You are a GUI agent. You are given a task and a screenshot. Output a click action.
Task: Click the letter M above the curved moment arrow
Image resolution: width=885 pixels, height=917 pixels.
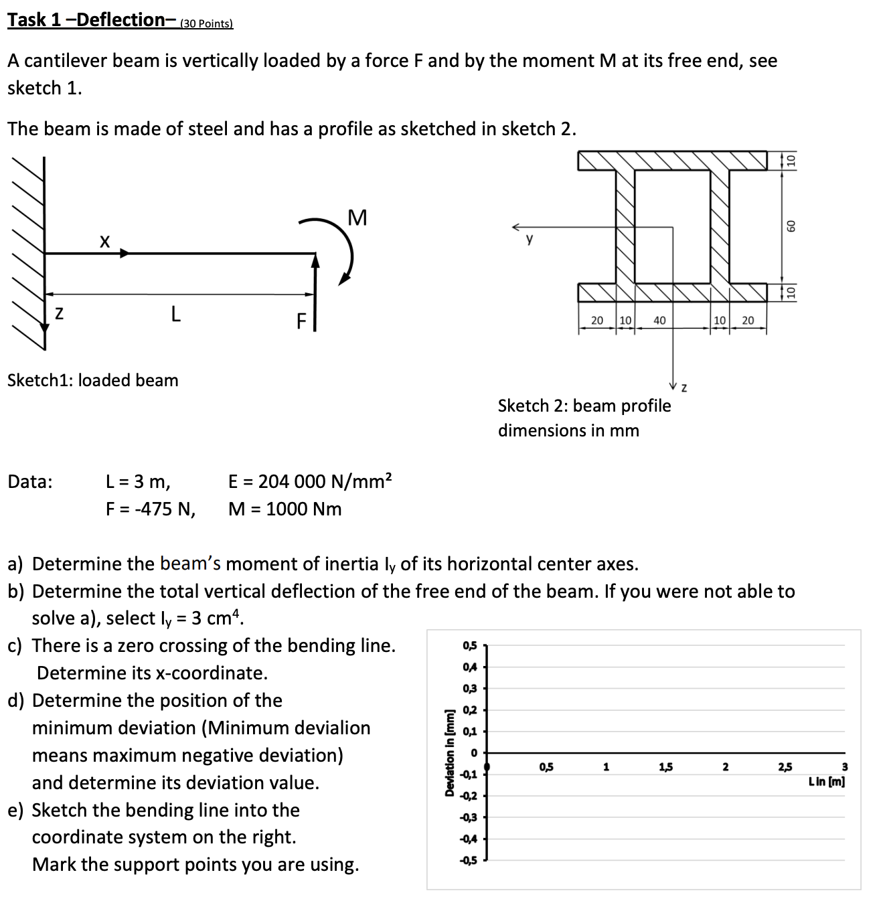click(x=357, y=218)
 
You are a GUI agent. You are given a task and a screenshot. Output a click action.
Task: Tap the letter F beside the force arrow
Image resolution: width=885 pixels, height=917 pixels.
click(x=301, y=322)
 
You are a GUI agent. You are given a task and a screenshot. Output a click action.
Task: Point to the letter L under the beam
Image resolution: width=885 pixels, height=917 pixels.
click(x=175, y=313)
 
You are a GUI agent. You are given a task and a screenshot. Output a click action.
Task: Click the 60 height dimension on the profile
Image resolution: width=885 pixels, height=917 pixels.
click(x=791, y=226)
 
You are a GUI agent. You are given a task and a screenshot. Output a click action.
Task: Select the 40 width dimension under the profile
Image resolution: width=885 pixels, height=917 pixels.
click(x=659, y=321)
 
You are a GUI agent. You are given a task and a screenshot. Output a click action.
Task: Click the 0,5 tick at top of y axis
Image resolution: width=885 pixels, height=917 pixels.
click(x=469, y=645)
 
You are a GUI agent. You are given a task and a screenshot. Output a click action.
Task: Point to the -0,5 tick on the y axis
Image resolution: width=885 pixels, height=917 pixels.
click(x=468, y=860)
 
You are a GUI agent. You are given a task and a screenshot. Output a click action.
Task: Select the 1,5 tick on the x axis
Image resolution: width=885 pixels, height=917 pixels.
click(x=665, y=767)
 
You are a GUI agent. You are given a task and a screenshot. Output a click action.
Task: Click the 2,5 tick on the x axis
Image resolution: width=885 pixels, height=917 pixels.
click(x=785, y=767)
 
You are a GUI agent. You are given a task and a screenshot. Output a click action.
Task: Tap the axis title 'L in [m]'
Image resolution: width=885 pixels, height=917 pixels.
click(x=827, y=781)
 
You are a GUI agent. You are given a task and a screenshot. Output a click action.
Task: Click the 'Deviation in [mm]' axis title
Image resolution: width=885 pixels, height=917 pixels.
click(x=450, y=753)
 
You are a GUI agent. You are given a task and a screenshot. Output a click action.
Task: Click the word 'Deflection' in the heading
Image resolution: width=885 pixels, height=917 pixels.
click(x=120, y=20)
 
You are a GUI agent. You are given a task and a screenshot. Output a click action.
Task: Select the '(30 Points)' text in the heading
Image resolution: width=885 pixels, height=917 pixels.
click(x=206, y=24)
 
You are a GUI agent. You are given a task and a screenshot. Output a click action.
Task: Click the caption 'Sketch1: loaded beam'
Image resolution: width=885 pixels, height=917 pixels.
click(x=93, y=380)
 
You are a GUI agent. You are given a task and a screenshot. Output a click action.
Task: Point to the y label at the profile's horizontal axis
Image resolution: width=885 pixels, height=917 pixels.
click(x=530, y=239)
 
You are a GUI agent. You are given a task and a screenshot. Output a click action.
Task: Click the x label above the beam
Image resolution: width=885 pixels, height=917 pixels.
click(x=104, y=241)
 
